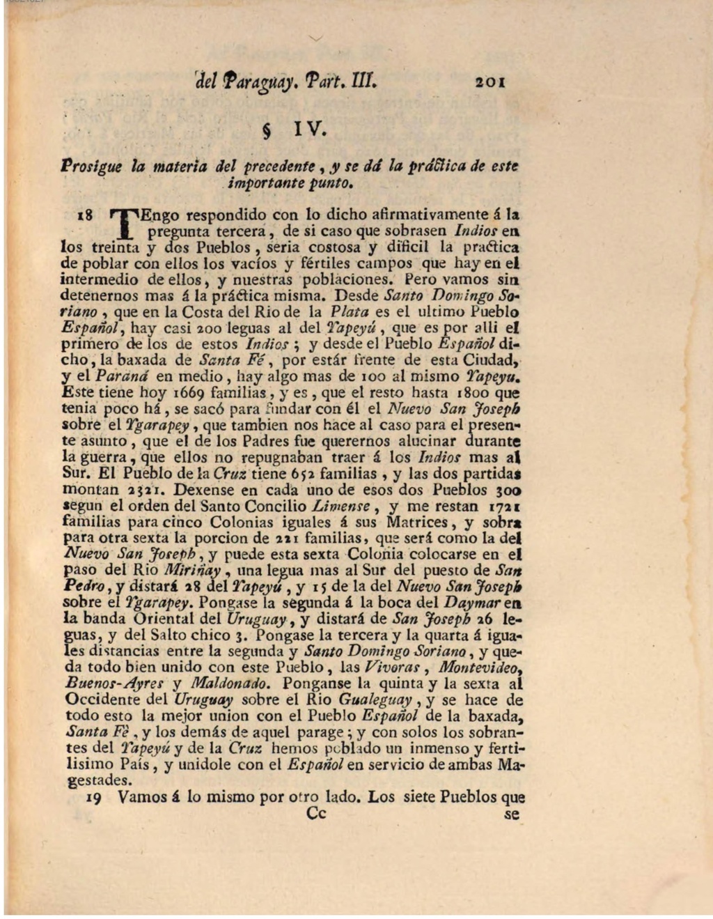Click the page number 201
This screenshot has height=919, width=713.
tap(490, 81)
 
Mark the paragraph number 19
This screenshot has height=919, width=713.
tap(93, 798)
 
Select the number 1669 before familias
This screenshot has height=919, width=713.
tap(190, 393)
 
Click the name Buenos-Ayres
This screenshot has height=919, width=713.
tap(115, 684)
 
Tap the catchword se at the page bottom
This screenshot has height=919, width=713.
tap(512, 813)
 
